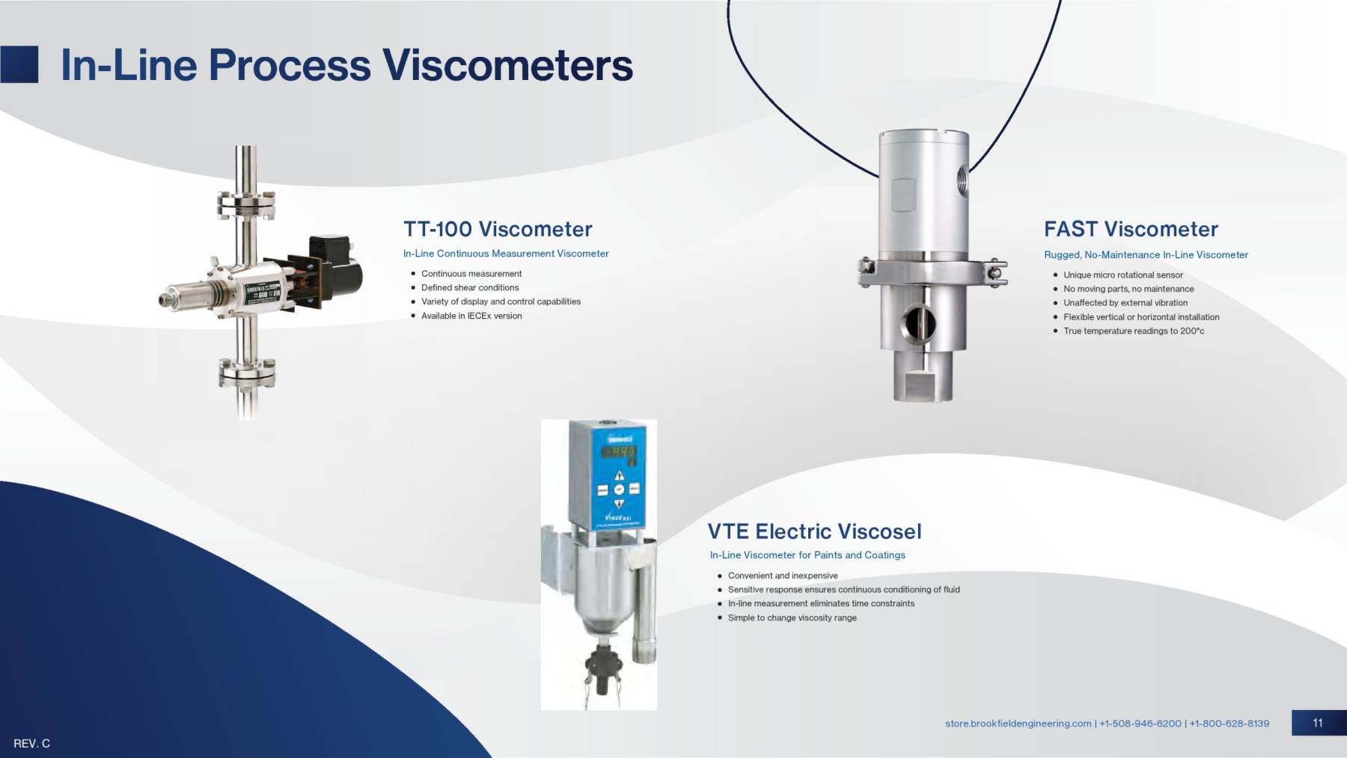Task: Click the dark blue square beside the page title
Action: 19,64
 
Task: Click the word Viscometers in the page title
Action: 507,65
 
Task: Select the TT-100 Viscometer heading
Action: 498,229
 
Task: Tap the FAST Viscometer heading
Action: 1131,229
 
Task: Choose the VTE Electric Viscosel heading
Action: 814,531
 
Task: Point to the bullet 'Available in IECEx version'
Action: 471,316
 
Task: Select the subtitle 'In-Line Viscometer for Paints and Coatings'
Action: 807,555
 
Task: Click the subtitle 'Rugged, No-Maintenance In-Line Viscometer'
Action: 1146,255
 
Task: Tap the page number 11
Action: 1318,723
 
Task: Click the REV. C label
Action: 31,744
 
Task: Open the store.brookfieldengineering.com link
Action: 1018,724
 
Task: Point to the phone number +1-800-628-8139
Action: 1229,724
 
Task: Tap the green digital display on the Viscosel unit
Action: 620,452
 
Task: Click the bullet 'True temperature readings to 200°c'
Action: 1134,331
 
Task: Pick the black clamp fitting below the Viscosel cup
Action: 603,663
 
